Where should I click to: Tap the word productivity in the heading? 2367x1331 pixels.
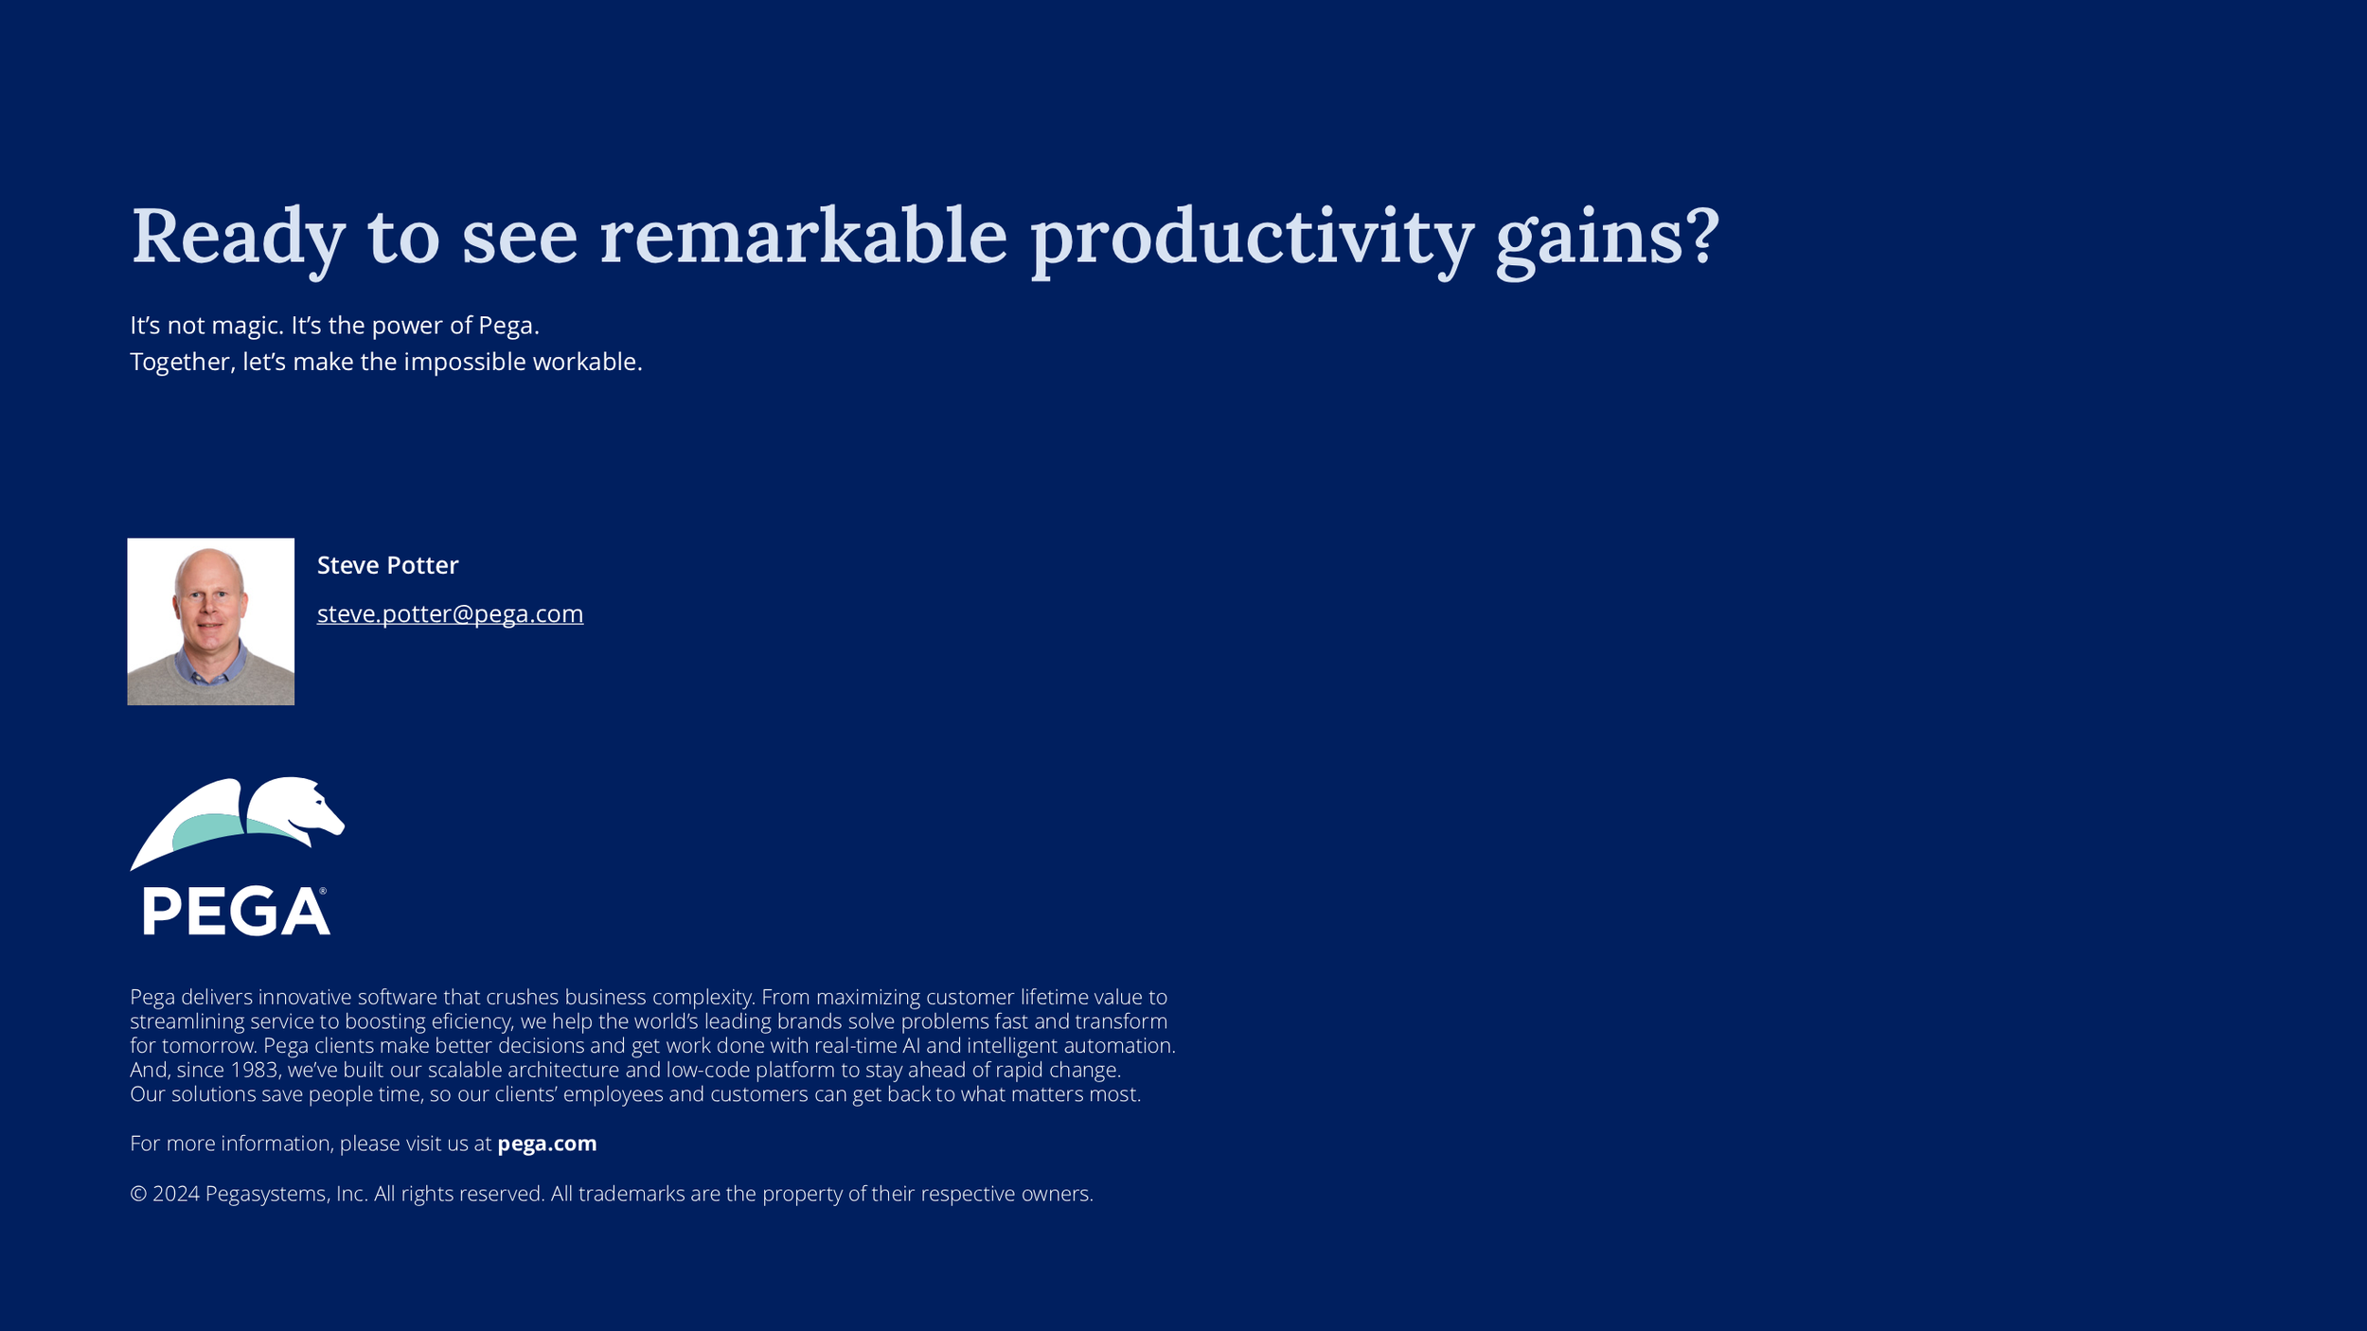click(x=1252, y=241)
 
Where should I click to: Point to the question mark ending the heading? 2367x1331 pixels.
click(x=1700, y=236)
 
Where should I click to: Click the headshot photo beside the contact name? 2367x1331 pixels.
click(x=211, y=621)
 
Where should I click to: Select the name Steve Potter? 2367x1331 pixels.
click(x=387, y=565)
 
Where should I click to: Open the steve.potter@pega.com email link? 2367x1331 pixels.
click(x=450, y=614)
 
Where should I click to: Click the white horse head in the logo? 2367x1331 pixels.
click(x=295, y=810)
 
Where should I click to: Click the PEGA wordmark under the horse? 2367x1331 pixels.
click(x=236, y=911)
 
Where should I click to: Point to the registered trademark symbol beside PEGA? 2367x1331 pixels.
click(x=323, y=891)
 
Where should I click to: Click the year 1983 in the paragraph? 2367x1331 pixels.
click(x=254, y=1070)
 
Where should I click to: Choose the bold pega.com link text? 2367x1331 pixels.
click(x=547, y=1144)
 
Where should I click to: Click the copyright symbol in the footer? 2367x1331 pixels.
click(x=138, y=1194)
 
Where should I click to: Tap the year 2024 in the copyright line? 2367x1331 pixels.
click(x=176, y=1194)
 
